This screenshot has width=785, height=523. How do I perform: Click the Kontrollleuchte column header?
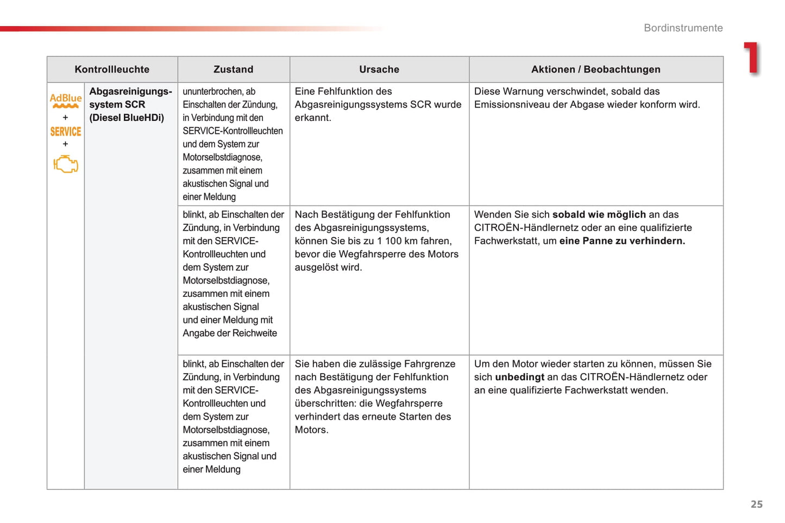(x=112, y=69)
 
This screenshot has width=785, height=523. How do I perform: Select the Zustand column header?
(x=233, y=69)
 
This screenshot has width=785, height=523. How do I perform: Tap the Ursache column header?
(x=379, y=69)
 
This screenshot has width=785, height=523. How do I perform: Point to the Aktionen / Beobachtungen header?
(x=596, y=69)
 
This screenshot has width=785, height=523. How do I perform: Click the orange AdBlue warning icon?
(x=66, y=100)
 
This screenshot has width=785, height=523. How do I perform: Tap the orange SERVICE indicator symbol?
(x=66, y=132)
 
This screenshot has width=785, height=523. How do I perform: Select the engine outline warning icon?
(x=66, y=164)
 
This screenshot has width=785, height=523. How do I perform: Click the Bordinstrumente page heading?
(x=683, y=28)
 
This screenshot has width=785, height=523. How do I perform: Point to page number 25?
(x=756, y=504)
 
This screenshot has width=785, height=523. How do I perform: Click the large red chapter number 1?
(x=752, y=58)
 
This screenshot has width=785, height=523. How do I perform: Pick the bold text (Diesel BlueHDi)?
(x=127, y=118)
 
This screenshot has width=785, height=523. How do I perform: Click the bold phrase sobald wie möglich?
(x=599, y=215)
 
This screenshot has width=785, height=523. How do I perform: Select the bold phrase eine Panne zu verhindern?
(x=622, y=241)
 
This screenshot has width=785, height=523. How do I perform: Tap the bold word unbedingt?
(x=519, y=377)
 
